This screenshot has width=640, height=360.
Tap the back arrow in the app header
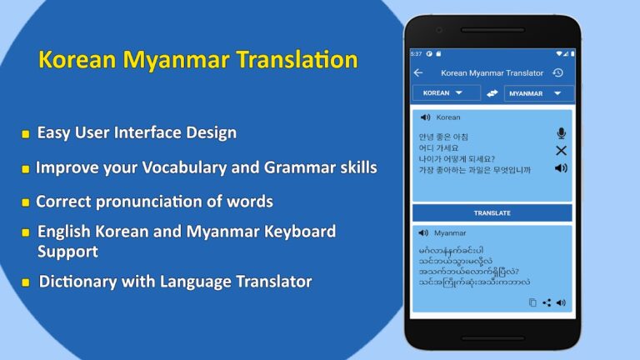418,73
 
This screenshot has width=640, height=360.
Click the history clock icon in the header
558,73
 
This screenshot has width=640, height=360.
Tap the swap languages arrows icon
492,93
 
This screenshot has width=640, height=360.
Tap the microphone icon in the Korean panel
561,133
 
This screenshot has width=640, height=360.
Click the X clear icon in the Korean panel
561,151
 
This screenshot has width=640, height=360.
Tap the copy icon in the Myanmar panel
532,302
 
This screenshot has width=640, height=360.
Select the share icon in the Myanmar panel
547,302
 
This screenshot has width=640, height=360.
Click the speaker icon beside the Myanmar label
423,233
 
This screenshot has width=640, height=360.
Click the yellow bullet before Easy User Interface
26,133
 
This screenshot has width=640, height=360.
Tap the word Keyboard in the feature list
294,231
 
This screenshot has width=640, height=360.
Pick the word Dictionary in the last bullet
78,282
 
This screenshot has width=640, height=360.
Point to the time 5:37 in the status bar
416,53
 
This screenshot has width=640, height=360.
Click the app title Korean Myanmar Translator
492,73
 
